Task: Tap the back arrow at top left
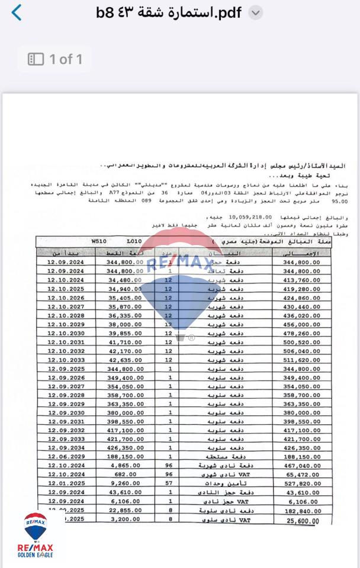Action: [17, 12]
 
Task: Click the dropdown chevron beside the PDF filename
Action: [255, 13]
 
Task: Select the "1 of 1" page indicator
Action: [55, 59]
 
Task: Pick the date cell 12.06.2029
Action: [57, 456]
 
